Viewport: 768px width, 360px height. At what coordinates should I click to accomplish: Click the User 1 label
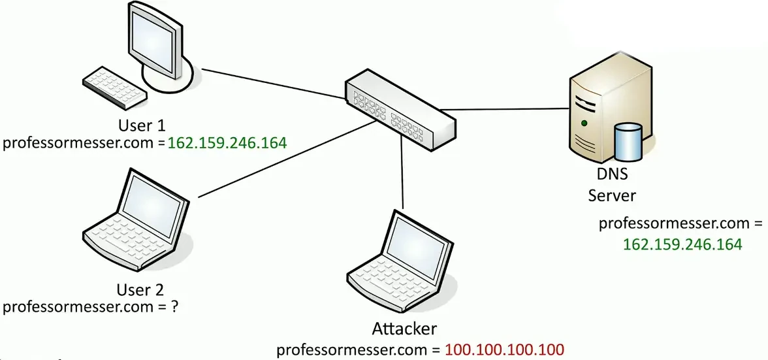142,125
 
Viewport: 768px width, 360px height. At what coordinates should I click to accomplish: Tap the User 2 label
140,289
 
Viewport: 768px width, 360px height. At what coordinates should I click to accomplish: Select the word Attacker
404,328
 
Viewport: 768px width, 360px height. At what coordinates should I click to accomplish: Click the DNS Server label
612,185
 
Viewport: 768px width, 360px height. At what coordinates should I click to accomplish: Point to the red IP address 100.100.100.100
504,349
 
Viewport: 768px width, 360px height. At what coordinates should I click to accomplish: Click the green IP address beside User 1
227,142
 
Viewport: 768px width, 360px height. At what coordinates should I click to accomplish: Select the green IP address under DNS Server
682,244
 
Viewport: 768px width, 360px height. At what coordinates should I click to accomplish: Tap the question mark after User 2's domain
174,306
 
